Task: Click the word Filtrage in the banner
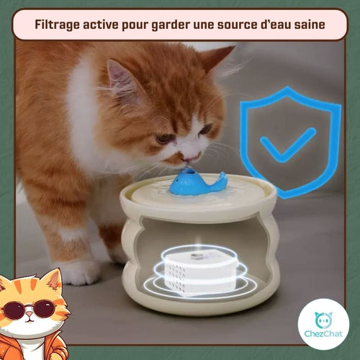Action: [57, 24]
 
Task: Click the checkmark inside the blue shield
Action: [288, 145]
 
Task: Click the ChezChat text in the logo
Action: [323, 333]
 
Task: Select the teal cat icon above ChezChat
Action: [323, 320]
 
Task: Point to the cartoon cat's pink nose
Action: [30, 315]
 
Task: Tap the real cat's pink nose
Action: [189, 159]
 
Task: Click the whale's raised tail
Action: [222, 178]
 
